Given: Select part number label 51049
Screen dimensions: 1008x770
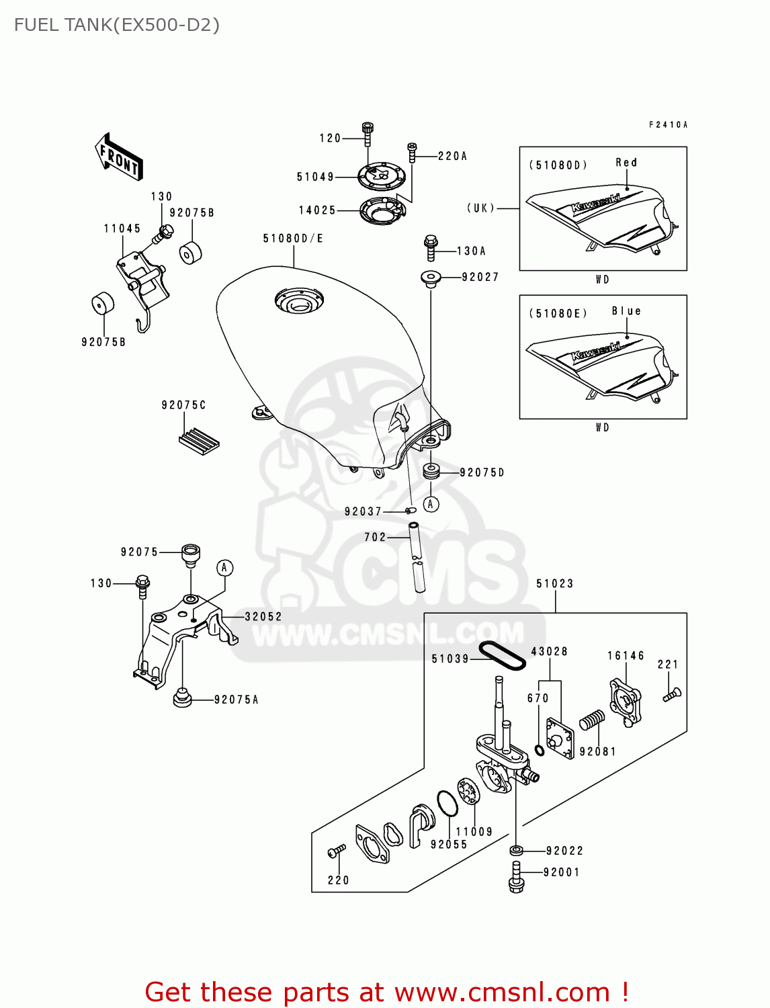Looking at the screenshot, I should pyautogui.click(x=315, y=177).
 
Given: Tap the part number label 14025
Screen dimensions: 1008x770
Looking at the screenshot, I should pyautogui.click(x=317, y=210).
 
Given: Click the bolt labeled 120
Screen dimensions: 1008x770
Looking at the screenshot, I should pyautogui.click(x=367, y=134).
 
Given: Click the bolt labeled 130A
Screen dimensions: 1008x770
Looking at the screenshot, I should pyautogui.click(x=431, y=247).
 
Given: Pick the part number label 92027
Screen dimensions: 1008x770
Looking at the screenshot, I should pyautogui.click(x=480, y=277).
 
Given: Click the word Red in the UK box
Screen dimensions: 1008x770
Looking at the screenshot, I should pyautogui.click(x=626, y=163).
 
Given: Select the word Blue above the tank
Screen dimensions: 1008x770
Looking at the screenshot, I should pyautogui.click(x=626, y=311).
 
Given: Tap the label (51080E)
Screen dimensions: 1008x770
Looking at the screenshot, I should pyautogui.click(x=558, y=313).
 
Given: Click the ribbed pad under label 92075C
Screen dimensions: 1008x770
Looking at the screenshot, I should pyautogui.click(x=200, y=440).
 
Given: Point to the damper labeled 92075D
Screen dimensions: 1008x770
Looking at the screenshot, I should pyautogui.click(x=431, y=470).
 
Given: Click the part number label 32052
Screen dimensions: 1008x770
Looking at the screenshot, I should pyautogui.click(x=263, y=616).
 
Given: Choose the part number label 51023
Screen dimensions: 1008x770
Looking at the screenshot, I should pyautogui.click(x=555, y=583).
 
